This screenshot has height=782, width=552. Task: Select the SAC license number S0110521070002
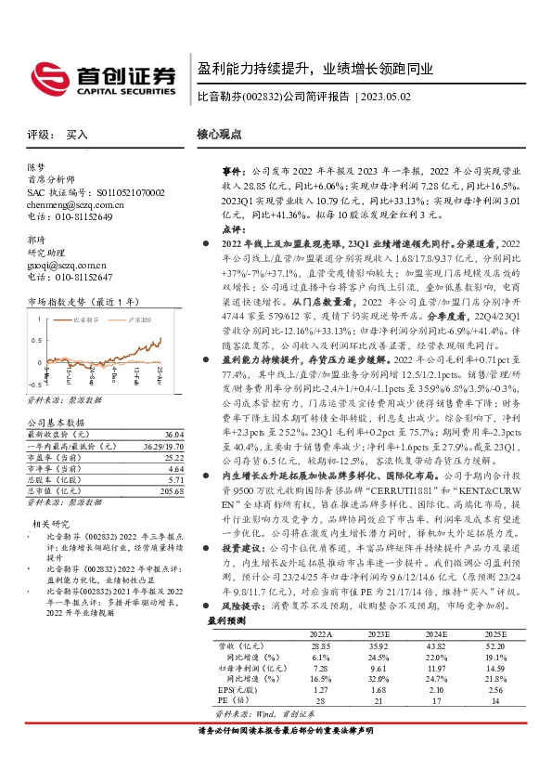point(118,192)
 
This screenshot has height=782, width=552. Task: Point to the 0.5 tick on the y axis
point(35,338)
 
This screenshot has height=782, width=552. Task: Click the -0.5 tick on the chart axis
point(33,383)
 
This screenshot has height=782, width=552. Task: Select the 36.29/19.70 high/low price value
point(162,447)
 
